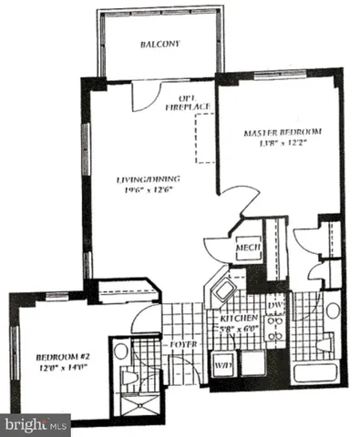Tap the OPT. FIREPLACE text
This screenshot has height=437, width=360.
point(190,101)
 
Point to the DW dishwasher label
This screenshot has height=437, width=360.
point(275,307)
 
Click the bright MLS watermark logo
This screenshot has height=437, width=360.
point(36,424)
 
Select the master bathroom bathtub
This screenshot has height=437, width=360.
point(315,371)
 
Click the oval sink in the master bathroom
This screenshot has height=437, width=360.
point(333,310)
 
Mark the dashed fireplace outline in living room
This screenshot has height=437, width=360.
point(202,137)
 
